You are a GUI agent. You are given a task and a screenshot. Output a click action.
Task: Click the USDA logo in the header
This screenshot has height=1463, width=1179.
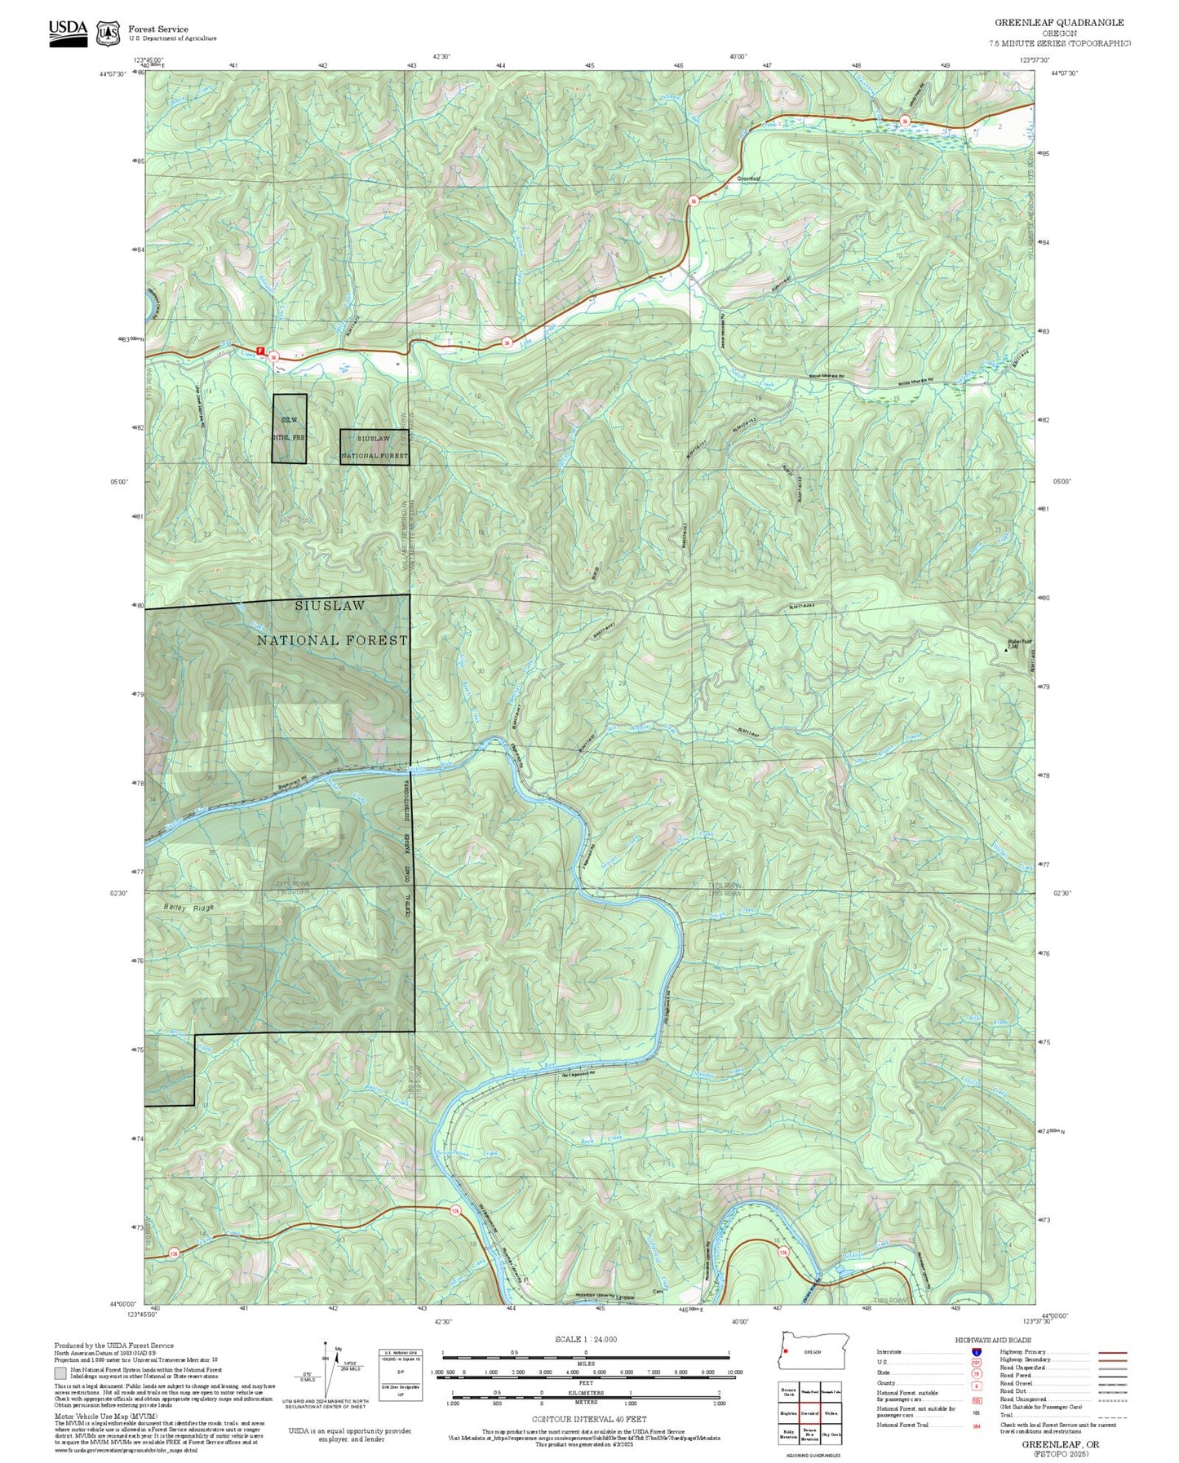[x=68, y=32]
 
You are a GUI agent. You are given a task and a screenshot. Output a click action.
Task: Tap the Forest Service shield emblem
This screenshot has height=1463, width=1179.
[x=108, y=33]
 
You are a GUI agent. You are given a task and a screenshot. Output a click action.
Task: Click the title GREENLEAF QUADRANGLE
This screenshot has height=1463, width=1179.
[x=1059, y=23]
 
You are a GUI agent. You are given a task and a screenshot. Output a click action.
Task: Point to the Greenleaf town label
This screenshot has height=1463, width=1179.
[x=748, y=179]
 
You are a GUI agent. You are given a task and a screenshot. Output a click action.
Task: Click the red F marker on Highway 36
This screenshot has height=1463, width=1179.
[x=261, y=351]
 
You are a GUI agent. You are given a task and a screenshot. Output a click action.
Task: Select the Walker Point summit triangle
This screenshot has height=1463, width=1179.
[x=1005, y=649]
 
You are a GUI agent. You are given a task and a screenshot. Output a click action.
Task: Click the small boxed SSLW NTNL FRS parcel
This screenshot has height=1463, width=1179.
[x=290, y=428]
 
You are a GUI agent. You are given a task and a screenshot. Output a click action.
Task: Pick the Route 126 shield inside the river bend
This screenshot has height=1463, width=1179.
[x=783, y=1252]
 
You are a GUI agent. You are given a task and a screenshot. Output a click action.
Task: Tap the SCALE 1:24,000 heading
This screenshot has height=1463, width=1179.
[x=585, y=1339]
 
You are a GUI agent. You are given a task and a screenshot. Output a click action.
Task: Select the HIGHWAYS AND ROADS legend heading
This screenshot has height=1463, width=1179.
[x=993, y=1340]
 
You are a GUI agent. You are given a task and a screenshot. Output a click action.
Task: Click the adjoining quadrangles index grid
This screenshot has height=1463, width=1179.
[x=809, y=1413]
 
